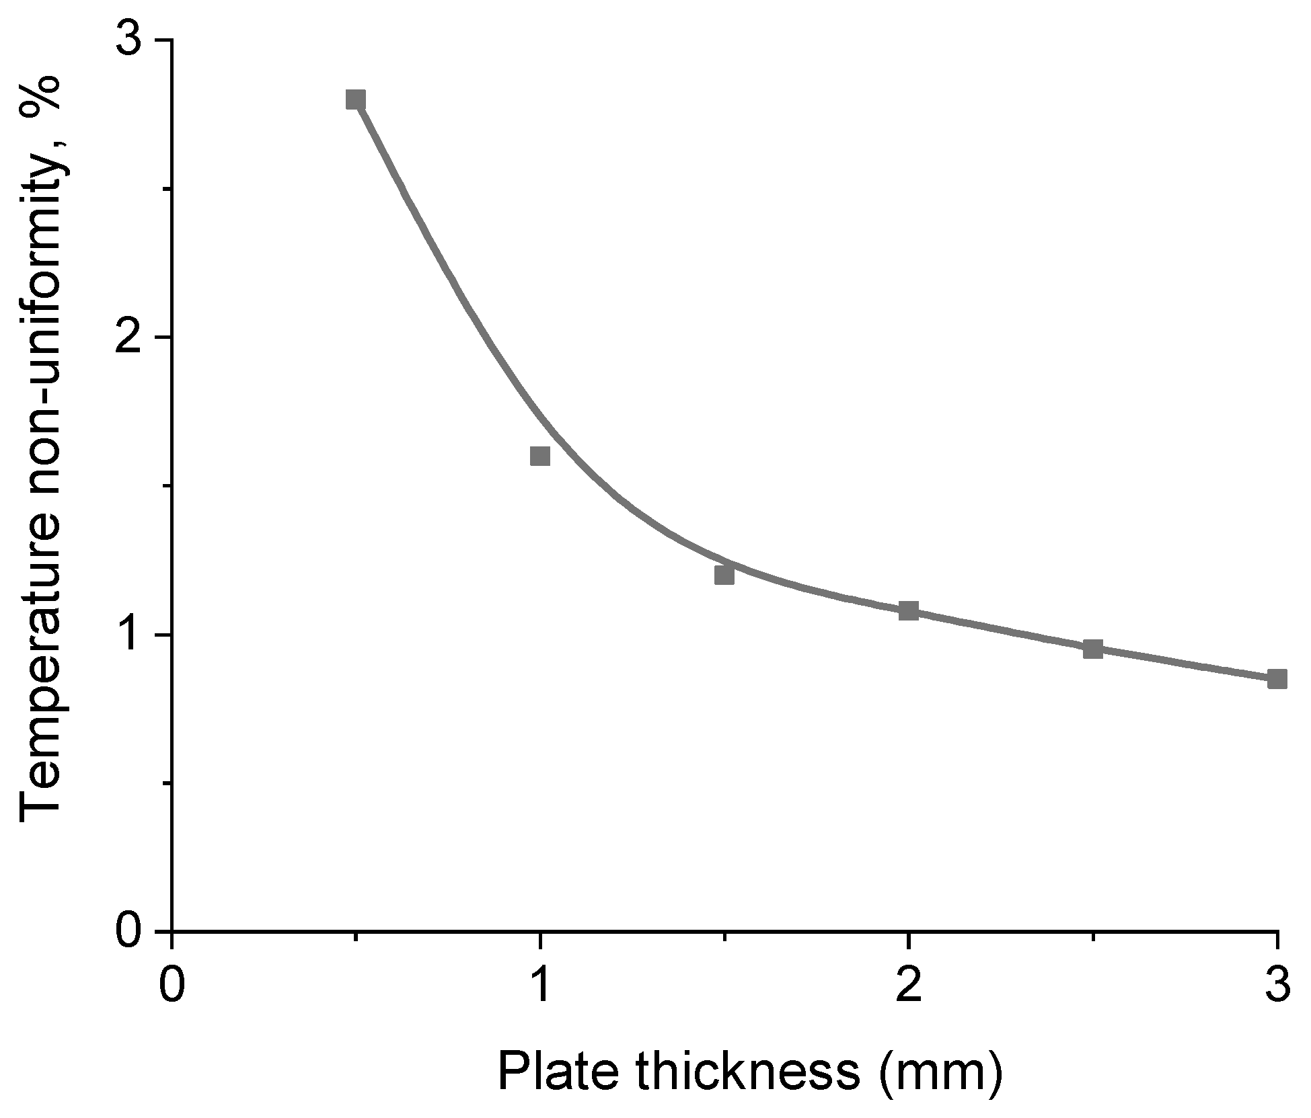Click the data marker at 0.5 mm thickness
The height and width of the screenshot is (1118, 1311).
[x=356, y=99]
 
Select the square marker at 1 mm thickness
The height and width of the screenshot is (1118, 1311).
[x=540, y=456]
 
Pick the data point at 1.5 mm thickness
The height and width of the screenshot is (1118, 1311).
[x=724, y=575]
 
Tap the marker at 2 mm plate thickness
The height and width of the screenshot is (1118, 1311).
[x=909, y=610]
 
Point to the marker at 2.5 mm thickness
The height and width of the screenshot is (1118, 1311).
[x=1093, y=649]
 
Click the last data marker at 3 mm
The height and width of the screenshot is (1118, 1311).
[x=1277, y=678]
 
